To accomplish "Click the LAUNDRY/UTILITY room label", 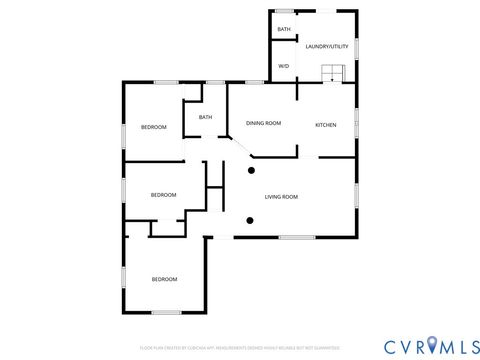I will point(325,46).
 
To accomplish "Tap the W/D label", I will point(283,66).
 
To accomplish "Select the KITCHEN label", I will point(326,124).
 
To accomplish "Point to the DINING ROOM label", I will point(264,123).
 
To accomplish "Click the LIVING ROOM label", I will point(281,196).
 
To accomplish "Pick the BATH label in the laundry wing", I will point(284,30).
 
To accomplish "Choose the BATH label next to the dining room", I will point(205,117).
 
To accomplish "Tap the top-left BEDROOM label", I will point(153,127).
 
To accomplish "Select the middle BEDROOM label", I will point(163,195).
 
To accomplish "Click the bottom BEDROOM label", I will point(164,278).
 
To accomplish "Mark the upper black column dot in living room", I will point(251,171).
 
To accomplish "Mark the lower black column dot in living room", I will point(250,220).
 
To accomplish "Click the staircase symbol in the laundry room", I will point(331,73).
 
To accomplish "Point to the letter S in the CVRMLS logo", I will point(468,345).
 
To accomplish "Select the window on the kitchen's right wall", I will point(356,124).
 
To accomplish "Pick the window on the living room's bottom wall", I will point(297,237).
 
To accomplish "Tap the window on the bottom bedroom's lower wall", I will point(166,313).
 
